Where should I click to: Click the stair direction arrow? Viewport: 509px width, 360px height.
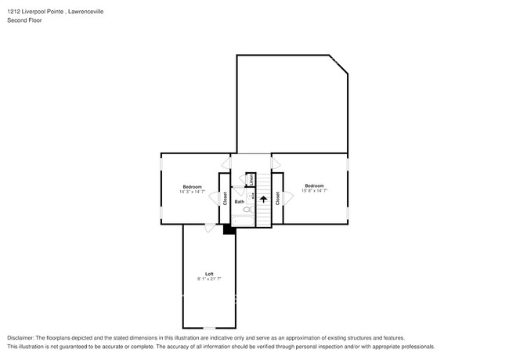263,200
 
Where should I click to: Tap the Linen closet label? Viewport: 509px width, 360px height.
251,179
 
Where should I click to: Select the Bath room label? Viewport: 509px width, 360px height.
239,201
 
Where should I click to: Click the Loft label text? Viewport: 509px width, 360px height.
209,273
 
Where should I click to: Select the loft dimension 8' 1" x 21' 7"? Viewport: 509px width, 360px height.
209,279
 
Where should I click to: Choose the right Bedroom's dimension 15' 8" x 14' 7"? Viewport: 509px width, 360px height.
313,191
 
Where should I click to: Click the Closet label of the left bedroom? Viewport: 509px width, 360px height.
226,200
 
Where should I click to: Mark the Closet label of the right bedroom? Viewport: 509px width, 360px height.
277,199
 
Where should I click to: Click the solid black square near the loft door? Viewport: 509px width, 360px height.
229,229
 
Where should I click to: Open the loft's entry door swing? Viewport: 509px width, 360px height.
209,229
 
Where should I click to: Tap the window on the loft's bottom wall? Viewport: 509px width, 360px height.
209,328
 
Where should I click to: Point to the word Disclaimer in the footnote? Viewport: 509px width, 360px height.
21,337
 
